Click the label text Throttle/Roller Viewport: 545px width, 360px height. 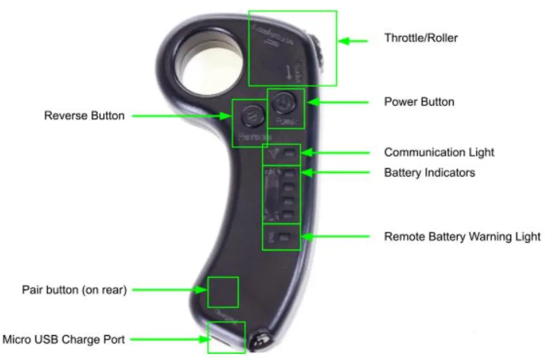[x=421, y=37]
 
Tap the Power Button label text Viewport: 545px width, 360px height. [x=419, y=102]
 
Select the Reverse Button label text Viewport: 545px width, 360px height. [x=84, y=116]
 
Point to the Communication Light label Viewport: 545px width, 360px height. [x=439, y=152]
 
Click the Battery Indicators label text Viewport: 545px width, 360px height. [x=429, y=173]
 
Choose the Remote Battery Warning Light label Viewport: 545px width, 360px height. [x=462, y=237]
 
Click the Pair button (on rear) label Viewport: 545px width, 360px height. [x=74, y=290]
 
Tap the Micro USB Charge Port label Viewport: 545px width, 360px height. [x=63, y=339]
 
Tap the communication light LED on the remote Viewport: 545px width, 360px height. [x=291, y=153]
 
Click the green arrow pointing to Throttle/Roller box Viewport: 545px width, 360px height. [x=353, y=41]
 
